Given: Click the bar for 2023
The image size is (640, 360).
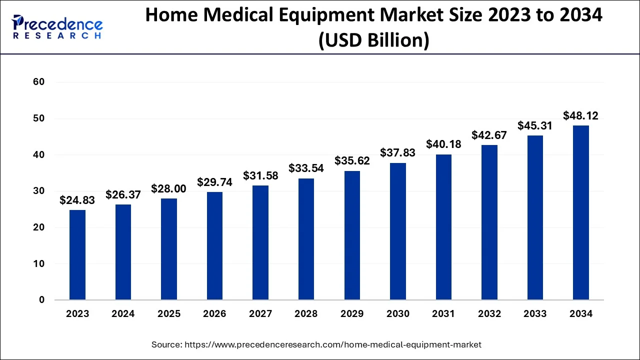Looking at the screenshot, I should tap(77, 255).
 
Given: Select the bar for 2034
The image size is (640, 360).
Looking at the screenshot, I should tap(581, 212).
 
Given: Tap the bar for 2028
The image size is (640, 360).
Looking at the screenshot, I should tap(306, 239).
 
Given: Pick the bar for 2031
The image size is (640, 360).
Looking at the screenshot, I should tap(443, 227).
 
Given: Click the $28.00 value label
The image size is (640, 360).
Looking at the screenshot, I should tap(169, 188).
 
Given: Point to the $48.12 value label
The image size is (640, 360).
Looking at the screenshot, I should tap(581, 116).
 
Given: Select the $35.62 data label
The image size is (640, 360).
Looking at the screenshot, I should tap(352, 161).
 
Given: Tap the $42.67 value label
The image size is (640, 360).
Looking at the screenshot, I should tap(489, 135).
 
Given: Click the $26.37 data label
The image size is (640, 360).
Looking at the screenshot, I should tap(123, 195).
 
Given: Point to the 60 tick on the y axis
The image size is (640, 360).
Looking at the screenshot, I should tap(39, 82).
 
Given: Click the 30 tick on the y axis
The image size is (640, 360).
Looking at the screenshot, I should tap(39, 191).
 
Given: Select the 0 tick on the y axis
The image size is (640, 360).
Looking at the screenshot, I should tap(42, 300).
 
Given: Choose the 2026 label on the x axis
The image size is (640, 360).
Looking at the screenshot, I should tap(215, 314).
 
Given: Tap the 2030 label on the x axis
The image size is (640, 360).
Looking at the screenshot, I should tap(398, 314).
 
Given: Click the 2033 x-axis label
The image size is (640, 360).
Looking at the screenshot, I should tap(535, 314).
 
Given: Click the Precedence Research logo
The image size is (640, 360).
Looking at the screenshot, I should tap(57, 27).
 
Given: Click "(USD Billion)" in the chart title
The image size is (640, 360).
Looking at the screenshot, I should tap(373, 39).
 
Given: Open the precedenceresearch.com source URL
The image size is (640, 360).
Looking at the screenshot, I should tap(333, 344).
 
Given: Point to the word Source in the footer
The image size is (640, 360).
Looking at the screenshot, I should tap(166, 344).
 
